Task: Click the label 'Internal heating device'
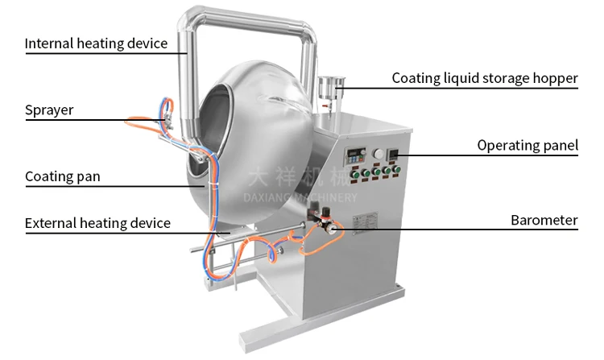click(97, 43)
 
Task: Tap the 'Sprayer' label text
click(49, 110)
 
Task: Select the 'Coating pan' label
click(63, 176)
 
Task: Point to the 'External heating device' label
click(97, 223)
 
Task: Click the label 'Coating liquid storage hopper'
click(485, 78)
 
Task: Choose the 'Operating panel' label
click(527, 146)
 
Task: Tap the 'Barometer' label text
click(544, 220)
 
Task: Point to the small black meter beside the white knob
click(394, 154)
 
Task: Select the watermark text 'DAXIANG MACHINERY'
click(300, 197)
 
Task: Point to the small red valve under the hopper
click(326, 106)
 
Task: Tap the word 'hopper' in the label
click(556, 79)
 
